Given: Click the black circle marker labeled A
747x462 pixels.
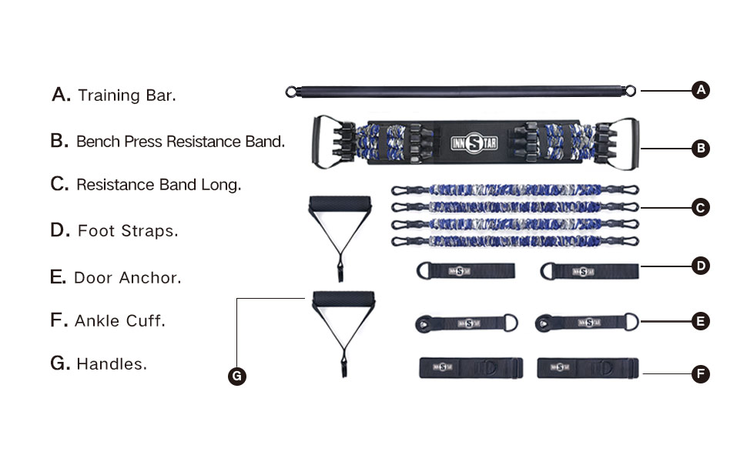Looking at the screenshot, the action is (x=700, y=90).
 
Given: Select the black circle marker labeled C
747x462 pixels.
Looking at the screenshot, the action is (x=700, y=207).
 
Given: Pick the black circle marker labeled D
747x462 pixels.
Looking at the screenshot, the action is (x=700, y=266).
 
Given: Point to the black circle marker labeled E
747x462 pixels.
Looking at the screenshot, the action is (x=700, y=321).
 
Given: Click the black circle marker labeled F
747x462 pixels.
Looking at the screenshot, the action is (x=700, y=374).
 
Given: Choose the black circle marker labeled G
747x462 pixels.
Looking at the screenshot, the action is (x=237, y=376).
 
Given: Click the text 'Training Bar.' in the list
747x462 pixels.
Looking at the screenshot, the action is (x=127, y=96).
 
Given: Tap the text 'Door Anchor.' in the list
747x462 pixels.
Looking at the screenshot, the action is (x=128, y=278).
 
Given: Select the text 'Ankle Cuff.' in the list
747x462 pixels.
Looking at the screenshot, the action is (x=120, y=321).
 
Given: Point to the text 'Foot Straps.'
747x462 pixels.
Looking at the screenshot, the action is (x=128, y=231).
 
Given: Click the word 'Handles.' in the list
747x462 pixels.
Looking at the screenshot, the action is (x=112, y=364).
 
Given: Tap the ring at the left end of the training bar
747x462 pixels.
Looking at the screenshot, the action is (x=291, y=92).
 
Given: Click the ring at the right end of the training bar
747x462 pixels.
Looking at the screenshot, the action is (x=631, y=92).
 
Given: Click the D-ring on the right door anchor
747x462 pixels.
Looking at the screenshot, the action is (x=631, y=321).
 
